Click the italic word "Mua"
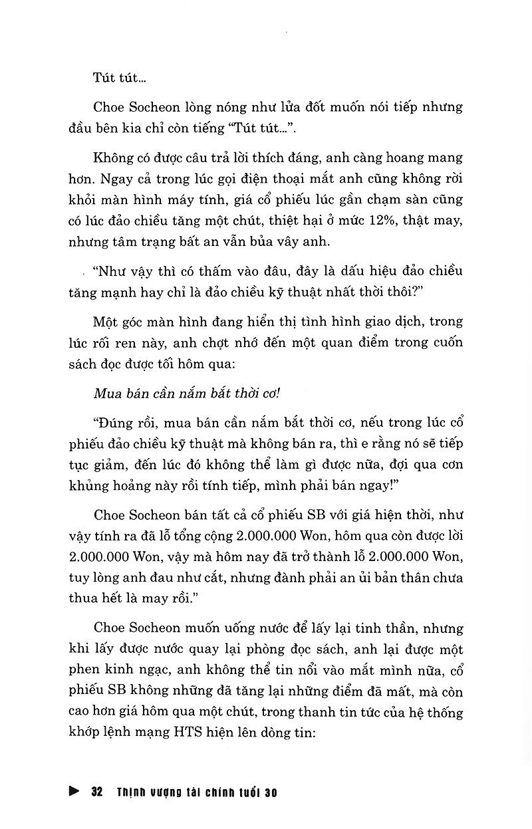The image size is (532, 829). tap(109, 392)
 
